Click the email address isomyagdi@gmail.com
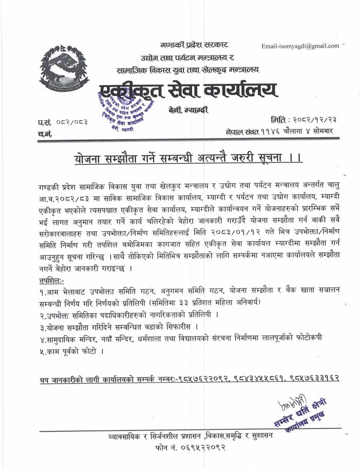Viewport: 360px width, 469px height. (x=300, y=46)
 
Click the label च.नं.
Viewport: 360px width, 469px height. (x=45, y=134)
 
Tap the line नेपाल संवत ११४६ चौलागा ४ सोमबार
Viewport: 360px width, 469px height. (x=279, y=131)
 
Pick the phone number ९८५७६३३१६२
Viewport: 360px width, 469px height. (x=319, y=379)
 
